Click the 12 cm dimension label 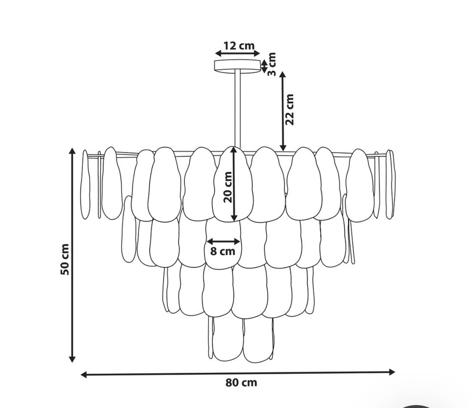point(239,46)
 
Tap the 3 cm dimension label point(271,64)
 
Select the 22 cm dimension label point(289,109)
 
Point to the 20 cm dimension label point(228,187)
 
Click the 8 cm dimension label point(223,251)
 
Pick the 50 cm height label point(65,259)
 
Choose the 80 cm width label point(241,383)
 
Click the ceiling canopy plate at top point(237,66)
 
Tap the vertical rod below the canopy point(237,109)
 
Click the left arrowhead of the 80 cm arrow point(84,374)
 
